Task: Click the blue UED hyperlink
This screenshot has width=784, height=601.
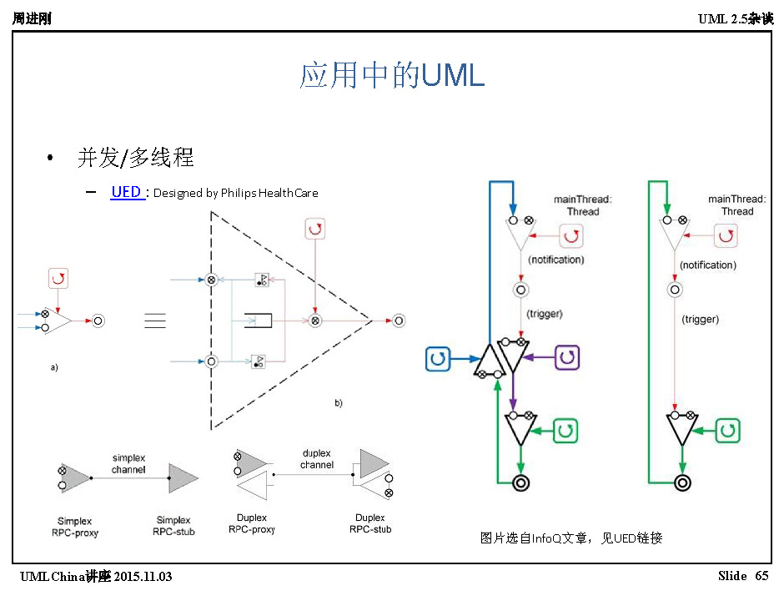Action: (126, 192)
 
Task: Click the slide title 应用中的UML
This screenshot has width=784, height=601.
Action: (392, 76)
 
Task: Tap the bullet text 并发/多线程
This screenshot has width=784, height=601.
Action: (136, 157)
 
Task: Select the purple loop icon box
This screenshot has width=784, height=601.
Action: (567, 357)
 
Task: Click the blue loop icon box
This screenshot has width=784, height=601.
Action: (438, 360)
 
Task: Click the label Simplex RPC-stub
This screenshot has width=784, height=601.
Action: (173, 526)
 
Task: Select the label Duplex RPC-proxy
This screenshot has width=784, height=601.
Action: (251, 523)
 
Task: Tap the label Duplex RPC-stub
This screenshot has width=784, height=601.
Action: (370, 523)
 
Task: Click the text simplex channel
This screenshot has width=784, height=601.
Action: (129, 463)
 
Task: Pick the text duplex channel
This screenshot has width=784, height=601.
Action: (317, 459)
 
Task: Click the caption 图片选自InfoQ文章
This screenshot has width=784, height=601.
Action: (571, 538)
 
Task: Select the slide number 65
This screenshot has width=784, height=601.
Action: (761, 577)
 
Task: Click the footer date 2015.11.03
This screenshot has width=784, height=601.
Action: (143, 577)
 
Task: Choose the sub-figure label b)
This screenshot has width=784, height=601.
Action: (339, 403)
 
